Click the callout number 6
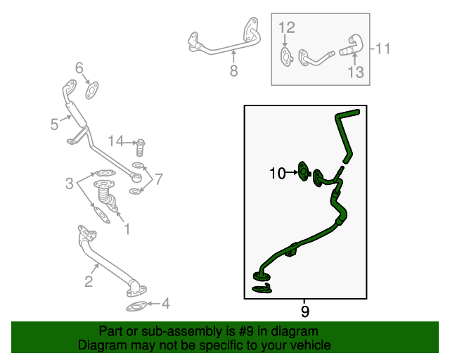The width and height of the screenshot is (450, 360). pyautogui.click(x=79, y=67)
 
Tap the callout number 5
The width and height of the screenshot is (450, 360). pyautogui.click(x=54, y=125)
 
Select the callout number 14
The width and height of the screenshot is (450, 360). pyautogui.click(x=115, y=142)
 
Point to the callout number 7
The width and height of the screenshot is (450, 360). pyautogui.click(x=159, y=179)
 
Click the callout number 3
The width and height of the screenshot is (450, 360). pyautogui.click(x=70, y=184)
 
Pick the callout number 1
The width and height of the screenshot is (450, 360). pyautogui.click(x=127, y=229)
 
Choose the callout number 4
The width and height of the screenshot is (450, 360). pyautogui.click(x=166, y=304)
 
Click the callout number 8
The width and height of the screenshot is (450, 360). pyautogui.click(x=234, y=70)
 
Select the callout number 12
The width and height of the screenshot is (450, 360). pyautogui.click(x=287, y=28)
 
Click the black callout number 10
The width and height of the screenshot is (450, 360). pyautogui.click(x=276, y=172)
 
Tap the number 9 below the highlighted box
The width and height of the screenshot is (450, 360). pyautogui.click(x=304, y=311)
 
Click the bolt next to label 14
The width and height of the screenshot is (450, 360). pyautogui.click(x=140, y=146)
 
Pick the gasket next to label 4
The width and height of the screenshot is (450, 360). pyautogui.click(x=136, y=307)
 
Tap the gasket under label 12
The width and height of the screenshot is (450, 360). pyautogui.click(x=285, y=56)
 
